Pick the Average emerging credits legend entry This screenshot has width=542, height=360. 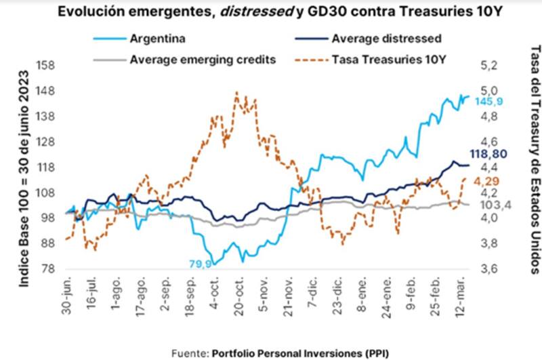click(x=203, y=58)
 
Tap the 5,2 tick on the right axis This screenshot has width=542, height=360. click(x=488, y=66)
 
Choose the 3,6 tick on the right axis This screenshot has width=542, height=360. click(x=488, y=268)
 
